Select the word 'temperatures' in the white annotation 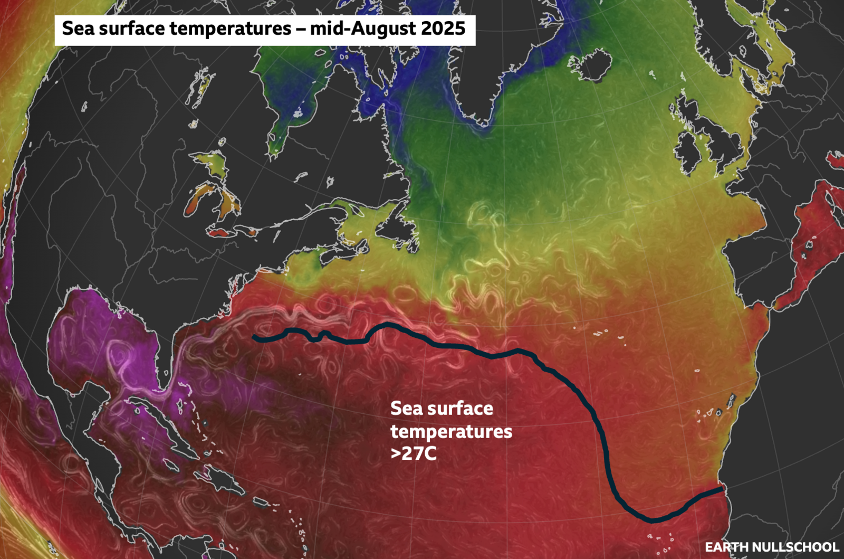[x=451, y=432]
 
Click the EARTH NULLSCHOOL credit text [x=772, y=547]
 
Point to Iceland [x=591, y=64]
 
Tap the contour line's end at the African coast [x=722, y=489]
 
